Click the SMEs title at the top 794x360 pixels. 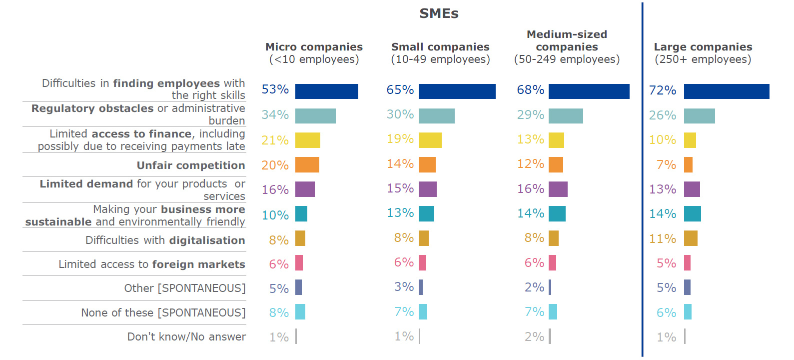point(439,13)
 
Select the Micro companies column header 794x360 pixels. point(314,53)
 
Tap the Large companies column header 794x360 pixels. point(703,53)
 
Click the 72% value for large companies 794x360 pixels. point(662,90)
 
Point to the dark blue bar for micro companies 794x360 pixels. point(326,91)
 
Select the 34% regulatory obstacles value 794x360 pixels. point(275,115)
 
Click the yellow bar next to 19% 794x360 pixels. point(430,140)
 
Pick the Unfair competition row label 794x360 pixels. point(190,165)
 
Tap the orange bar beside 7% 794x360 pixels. point(688,164)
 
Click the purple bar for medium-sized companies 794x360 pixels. point(558,189)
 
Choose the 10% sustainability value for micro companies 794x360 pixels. point(275,215)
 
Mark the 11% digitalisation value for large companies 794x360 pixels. point(662,239)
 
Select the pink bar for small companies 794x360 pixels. point(422,262)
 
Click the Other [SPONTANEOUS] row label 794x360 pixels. point(185,288)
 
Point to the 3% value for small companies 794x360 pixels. point(404,287)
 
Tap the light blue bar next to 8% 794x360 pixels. point(300,311)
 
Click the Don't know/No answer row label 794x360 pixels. point(186,337)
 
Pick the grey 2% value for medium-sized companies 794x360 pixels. point(534,337)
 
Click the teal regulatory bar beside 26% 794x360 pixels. point(699,116)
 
